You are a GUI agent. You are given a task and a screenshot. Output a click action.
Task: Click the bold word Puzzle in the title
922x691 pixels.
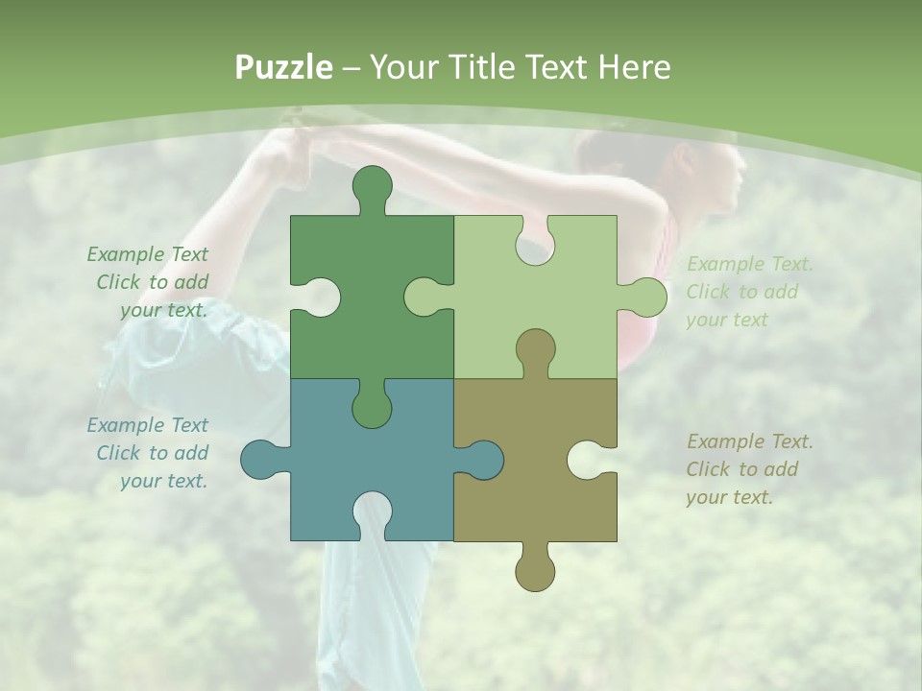(284, 67)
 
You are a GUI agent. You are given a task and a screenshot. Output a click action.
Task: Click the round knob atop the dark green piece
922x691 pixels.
(372, 186)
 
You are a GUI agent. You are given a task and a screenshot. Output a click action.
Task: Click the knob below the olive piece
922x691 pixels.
(535, 571)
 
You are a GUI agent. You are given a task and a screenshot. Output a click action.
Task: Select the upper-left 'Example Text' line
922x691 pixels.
(147, 254)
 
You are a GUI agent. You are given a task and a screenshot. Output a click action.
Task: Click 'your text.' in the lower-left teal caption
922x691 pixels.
(163, 481)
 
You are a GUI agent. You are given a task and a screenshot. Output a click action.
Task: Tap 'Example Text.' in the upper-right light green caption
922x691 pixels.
(750, 264)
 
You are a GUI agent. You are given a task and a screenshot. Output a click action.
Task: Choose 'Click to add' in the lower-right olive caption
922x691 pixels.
(742, 469)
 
